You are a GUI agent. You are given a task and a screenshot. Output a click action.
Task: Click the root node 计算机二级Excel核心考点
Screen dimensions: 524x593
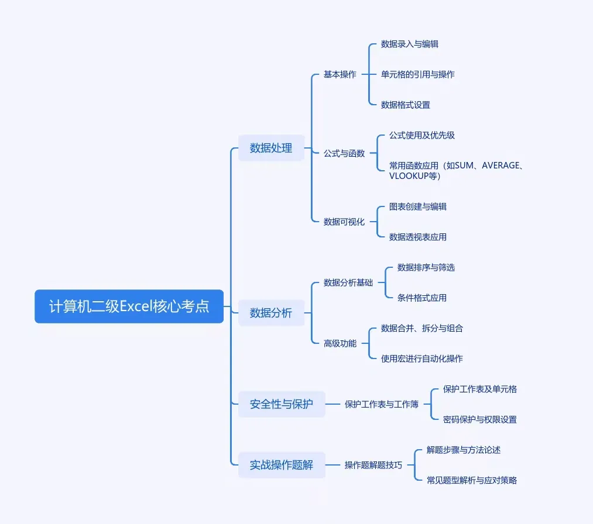(x=129, y=306)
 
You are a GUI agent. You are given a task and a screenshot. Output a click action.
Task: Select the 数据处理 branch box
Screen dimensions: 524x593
(x=271, y=148)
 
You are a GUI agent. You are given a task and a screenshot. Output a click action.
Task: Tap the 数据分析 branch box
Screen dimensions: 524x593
(x=271, y=313)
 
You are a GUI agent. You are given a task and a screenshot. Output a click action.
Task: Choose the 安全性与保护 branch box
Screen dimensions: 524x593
(x=282, y=404)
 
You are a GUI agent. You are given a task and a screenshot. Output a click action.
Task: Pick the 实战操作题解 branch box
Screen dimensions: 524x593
(x=282, y=465)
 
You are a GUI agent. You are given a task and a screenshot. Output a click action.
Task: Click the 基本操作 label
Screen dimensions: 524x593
(x=340, y=74)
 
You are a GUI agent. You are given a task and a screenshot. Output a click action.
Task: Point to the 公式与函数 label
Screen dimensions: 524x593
(x=344, y=153)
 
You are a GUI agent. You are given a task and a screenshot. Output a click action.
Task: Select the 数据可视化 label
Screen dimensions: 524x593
(x=344, y=222)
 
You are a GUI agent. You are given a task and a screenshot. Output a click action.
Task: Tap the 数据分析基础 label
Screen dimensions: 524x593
(x=348, y=282)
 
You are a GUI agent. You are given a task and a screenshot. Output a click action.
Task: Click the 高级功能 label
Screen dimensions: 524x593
(x=340, y=343)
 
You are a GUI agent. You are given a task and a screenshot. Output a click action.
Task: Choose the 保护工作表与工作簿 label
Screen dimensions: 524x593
(x=382, y=404)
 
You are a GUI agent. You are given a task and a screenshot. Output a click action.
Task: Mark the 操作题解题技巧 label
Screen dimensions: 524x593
(x=373, y=465)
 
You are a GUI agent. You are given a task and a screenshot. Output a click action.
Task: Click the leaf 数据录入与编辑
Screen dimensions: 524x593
(x=410, y=44)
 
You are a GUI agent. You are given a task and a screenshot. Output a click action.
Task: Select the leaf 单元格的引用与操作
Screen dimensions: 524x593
(x=418, y=74)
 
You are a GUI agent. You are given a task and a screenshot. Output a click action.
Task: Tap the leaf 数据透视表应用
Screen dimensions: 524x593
(x=418, y=237)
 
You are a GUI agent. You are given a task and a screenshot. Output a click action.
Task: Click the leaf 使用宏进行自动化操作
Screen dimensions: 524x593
(x=422, y=358)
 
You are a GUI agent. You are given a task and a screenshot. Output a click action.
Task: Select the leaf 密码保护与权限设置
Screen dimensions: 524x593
(x=480, y=419)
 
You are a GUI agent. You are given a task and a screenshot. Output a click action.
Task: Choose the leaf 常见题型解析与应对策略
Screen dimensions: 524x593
(x=472, y=480)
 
